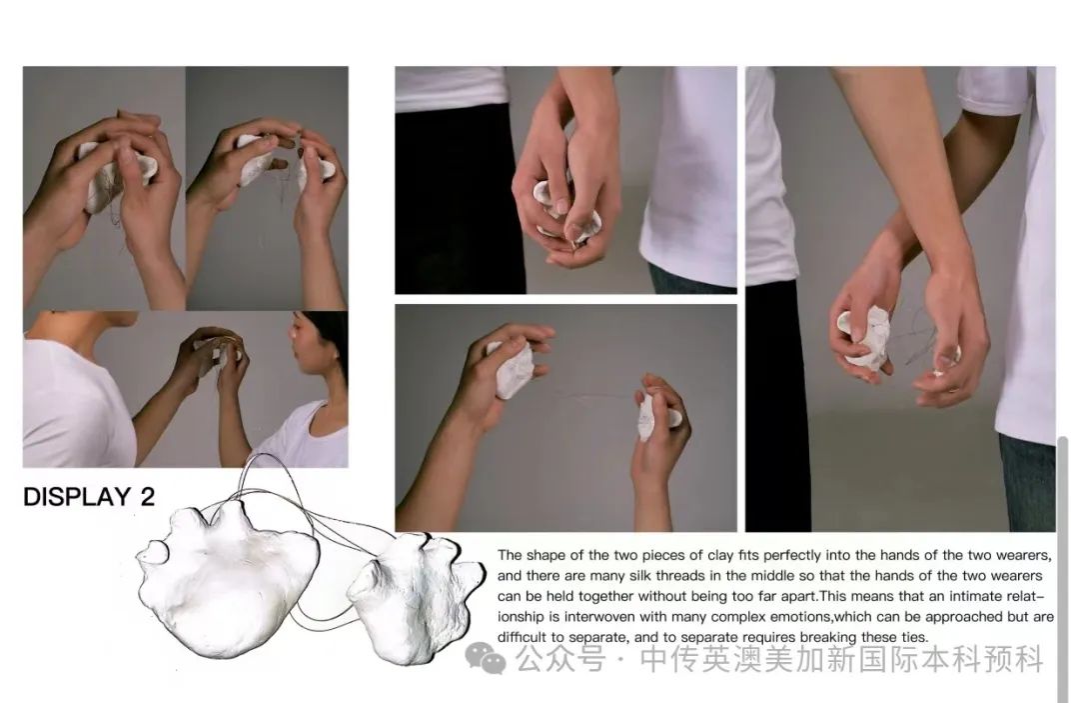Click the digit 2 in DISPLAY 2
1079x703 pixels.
pyautogui.click(x=147, y=496)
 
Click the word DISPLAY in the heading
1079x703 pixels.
pyautogui.click(x=77, y=496)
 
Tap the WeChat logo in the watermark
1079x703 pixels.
pyautogui.click(x=486, y=657)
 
